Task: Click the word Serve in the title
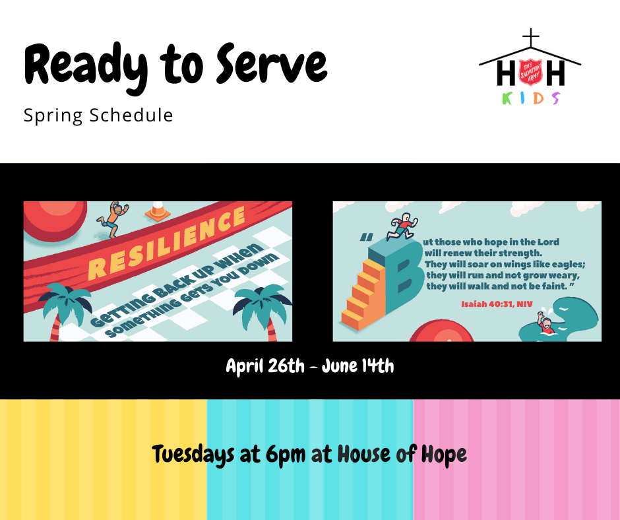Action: coord(272,63)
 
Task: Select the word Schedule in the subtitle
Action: coord(131,115)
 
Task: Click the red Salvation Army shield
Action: coord(530,72)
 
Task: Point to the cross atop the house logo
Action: coord(531,38)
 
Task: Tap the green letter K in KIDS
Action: coord(507,98)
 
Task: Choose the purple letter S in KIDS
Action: coord(556,98)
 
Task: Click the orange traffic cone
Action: coord(158,211)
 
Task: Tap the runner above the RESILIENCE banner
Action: coord(113,219)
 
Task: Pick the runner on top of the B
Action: coord(402,227)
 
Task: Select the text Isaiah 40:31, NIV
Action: coord(497,304)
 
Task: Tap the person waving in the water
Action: coord(545,323)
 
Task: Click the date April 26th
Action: coord(265,366)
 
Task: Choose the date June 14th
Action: coord(358,366)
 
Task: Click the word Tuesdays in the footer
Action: coord(193,454)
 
